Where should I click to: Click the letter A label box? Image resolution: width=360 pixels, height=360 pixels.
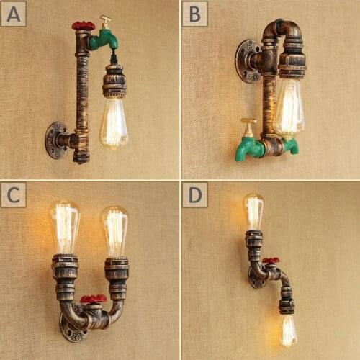click(x=14, y=13)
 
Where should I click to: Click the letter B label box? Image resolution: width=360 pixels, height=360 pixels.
click(x=194, y=13)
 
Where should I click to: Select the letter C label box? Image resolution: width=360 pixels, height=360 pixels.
click(x=14, y=194)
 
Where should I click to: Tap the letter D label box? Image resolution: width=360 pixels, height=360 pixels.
click(x=194, y=194)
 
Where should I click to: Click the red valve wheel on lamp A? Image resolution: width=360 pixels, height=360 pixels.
click(x=83, y=27)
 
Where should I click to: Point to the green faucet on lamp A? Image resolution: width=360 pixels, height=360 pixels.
click(x=102, y=39)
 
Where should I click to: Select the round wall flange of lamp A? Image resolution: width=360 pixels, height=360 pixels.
click(x=55, y=140)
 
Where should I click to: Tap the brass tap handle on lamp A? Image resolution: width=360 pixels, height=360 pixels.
click(x=106, y=21)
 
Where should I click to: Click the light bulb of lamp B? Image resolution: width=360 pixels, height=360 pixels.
click(x=289, y=108)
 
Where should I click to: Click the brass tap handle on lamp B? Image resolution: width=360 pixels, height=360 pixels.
click(x=248, y=125)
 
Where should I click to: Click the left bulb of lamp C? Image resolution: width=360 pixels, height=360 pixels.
click(x=63, y=227)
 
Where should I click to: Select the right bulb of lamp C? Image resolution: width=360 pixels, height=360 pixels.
click(x=114, y=230)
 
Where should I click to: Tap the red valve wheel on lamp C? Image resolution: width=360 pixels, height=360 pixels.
click(x=93, y=299)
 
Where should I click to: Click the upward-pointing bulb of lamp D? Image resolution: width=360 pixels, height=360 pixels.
click(x=253, y=211)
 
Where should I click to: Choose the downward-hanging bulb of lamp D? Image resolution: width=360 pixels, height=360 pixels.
click(x=288, y=330)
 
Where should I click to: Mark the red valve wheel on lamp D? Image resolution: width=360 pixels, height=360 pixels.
click(x=271, y=261)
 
